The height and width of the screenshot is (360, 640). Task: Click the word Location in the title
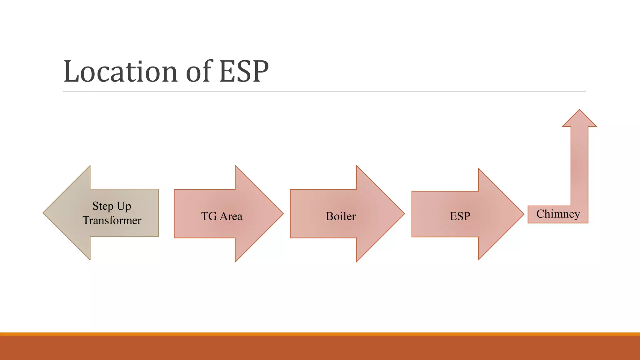pos(121,72)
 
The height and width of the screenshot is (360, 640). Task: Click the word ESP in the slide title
pos(244,72)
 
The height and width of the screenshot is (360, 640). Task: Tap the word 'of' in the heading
pos(199,72)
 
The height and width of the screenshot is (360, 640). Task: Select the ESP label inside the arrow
pos(460,216)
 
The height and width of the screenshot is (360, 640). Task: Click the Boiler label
pos(341,216)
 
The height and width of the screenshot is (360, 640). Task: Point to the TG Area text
pos(222,216)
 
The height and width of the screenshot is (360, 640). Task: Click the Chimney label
pos(558,214)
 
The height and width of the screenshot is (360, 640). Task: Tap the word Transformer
pos(112,221)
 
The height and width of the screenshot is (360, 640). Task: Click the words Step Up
pos(112,206)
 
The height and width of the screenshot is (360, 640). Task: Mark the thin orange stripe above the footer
pos(320,334)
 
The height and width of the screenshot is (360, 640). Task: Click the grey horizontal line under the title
pos(324,91)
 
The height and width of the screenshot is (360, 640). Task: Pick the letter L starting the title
pos(71,72)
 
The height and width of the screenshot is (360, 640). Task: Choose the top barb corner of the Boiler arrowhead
pos(357,166)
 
